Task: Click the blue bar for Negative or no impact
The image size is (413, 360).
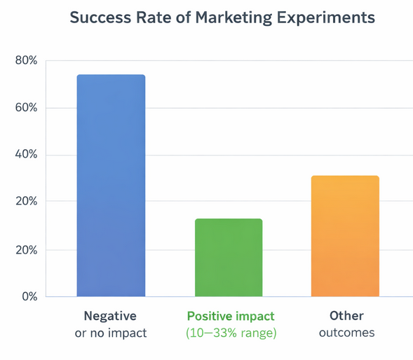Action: pos(111,186)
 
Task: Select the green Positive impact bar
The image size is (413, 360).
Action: pos(229,258)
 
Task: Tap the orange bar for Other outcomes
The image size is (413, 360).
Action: pos(345,236)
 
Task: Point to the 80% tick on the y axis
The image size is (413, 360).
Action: pos(26,61)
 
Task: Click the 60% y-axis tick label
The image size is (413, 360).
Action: pos(26,108)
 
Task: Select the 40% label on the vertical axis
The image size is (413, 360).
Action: pos(26,155)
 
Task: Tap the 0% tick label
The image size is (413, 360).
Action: pos(29,296)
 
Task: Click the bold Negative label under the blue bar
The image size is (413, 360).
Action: pos(110,315)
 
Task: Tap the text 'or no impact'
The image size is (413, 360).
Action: pos(111,333)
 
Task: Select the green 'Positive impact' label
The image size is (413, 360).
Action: pos(231,315)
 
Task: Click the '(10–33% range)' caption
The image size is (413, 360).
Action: pos(231,333)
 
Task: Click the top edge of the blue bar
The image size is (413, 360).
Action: pos(111,76)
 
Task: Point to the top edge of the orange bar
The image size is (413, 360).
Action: pos(345,176)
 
